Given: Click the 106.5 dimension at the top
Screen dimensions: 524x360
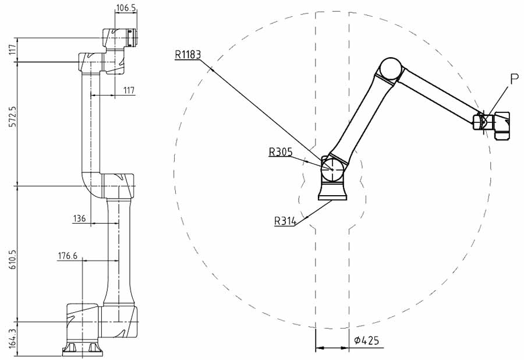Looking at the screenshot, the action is click(x=126, y=8).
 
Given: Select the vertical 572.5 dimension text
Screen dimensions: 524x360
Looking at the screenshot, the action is click(x=13, y=117).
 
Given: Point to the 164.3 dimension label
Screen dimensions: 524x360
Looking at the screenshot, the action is click(x=13, y=339).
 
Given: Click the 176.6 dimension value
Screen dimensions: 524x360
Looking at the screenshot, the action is click(x=68, y=256).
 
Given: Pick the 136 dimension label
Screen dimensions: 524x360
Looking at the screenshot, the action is click(x=80, y=218).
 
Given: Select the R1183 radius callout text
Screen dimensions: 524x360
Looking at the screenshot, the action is click(x=188, y=55).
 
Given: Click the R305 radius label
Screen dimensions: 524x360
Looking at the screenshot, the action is click(x=281, y=152).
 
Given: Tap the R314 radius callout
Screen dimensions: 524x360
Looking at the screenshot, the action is click(x=285, y=221).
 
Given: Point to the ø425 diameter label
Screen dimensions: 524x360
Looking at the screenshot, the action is click(x=367, y=340).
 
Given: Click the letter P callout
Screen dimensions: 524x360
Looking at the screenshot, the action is click(x=515, y=79).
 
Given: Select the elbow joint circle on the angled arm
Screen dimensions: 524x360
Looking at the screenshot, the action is click(x=391, y=69).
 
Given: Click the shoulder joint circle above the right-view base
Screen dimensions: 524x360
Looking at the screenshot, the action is click(x=332, y=170).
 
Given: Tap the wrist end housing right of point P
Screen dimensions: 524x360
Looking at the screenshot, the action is click(x=502, y=125).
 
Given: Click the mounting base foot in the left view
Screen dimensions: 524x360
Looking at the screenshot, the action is click(x=83, y=349).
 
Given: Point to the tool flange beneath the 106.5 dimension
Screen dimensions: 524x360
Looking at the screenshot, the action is click(x=132, y=38).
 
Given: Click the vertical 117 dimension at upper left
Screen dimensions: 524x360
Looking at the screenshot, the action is click(x=13, y=50).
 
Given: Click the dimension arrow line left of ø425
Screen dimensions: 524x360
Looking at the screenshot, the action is click(x=332, y=348).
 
